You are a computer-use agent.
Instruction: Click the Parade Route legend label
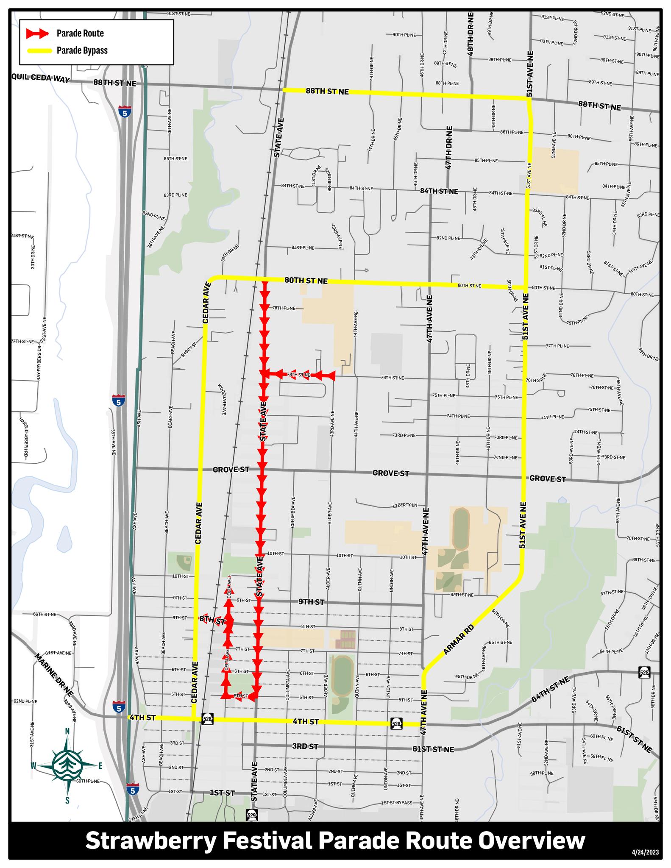pyautogui.click(x=80, y=33)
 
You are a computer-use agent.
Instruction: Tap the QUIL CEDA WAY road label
pyautogui.click(x=41, y=78)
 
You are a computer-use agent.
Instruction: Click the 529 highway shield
pyautogui.click(x=251, y=815)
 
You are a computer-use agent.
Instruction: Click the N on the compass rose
pyautogui.click(x=67, y=731)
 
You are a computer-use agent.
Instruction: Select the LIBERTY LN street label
pyautogui.click(x=405, y=505)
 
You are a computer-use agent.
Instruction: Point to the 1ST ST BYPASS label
pyautogui.click(x=396, y=803)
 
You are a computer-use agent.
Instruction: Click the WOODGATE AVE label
pyautogui.click(x=221, y=399)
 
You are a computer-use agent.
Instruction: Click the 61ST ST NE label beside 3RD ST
pyautogui.click(x=433, y=749)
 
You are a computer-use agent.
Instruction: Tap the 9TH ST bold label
pyautogui.click(x=311, y=602)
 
